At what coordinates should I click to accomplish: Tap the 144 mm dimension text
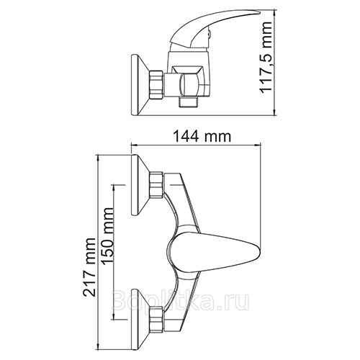(202, 136)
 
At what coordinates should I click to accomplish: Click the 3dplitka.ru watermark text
(181, 300)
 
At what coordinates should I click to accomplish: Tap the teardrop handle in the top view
(214, 253)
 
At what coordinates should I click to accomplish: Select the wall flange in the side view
(140, 85)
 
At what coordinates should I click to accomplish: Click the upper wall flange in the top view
(140, 185)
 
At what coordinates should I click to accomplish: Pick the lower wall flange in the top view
(140, 319)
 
